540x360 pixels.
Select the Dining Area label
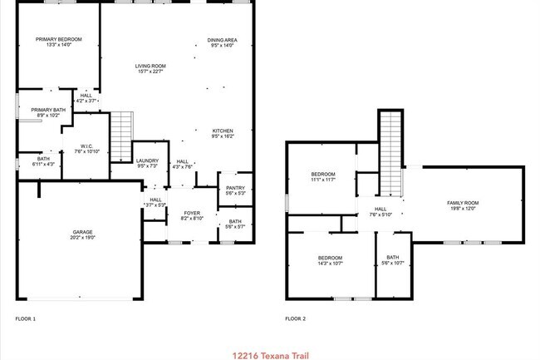[x=222, y=40]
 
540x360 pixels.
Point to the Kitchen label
[x=222, y=131]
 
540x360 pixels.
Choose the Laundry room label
[x=147, y=160]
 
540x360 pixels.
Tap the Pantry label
[x=235, y=188]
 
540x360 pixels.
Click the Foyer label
[x=192, y=213]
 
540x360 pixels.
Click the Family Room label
[x=463, y=203]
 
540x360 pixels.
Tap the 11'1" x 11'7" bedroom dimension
[x=322, y=180]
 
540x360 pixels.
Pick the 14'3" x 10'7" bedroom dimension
[x=330, y=264]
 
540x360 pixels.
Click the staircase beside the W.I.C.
[x=122, y=137]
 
